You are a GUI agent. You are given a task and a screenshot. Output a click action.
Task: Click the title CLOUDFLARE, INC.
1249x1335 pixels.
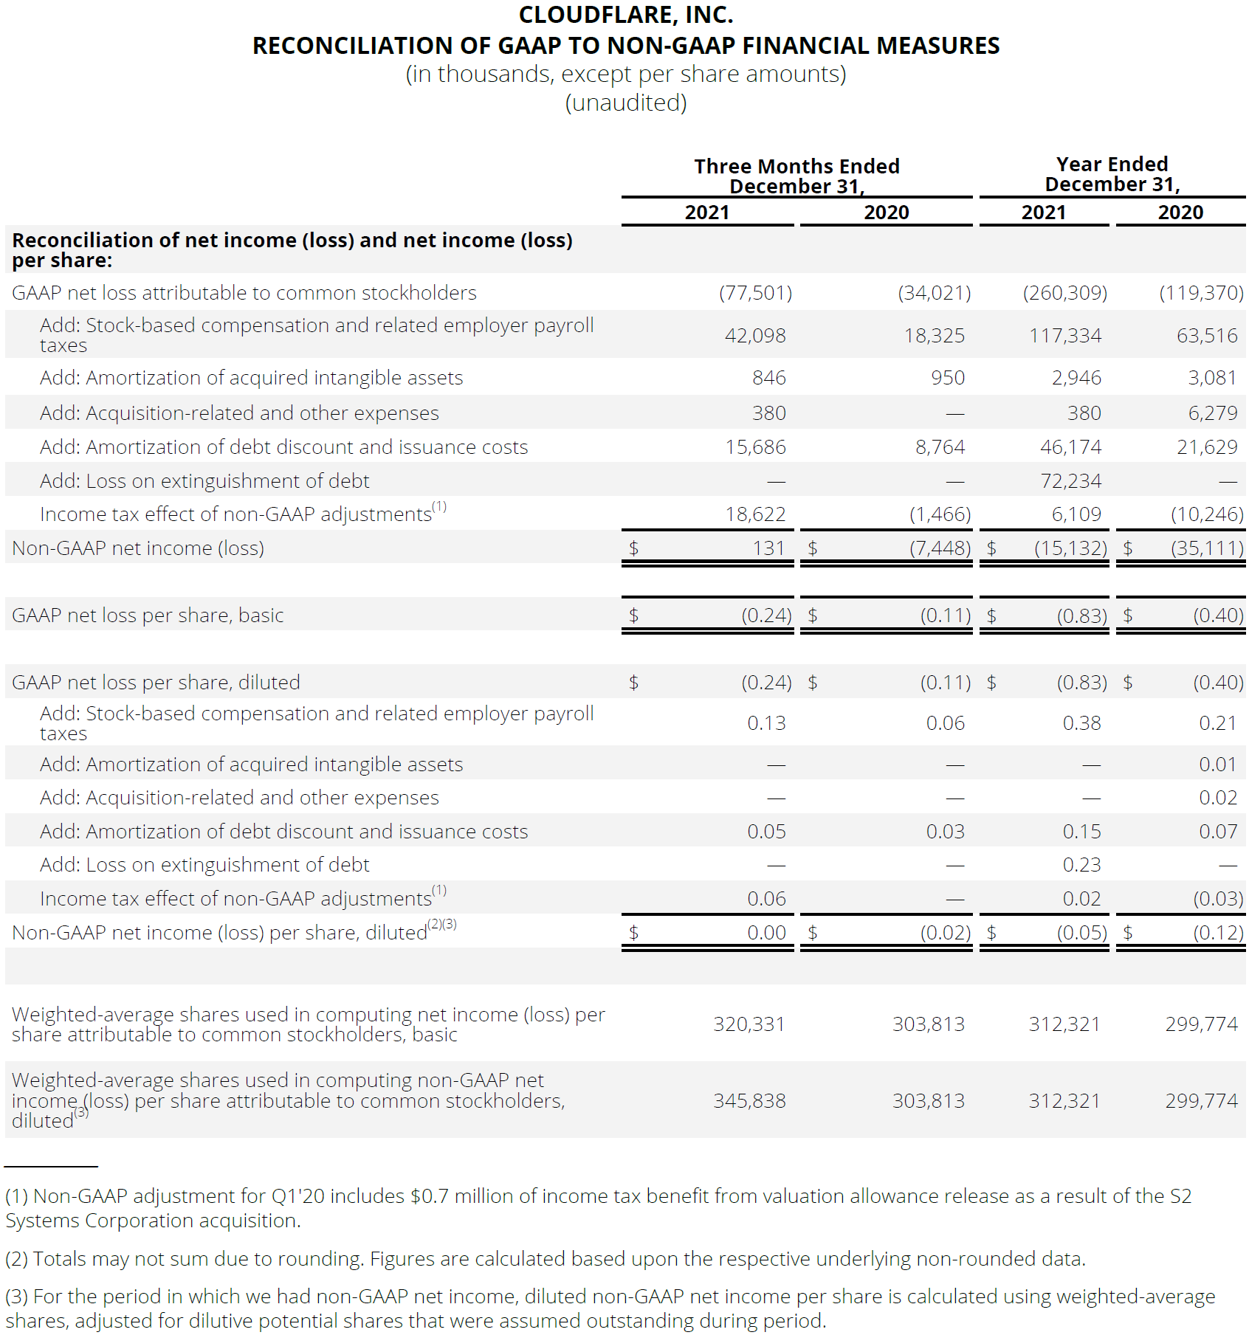pyautogui.click(x=626, y=15)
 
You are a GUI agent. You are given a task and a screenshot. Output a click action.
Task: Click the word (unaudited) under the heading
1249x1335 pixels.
pyautogui.click(x=626, y=103)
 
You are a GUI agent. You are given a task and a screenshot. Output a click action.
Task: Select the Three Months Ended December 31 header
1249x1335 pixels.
pyautogui.click(x=796, y=176)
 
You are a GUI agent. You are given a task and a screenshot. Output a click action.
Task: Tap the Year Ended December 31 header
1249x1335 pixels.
pyautogui.click(x=1112, y=174)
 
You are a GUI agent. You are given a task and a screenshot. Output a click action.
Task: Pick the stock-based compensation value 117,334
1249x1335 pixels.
pyautogui.click(x=1065, y=336)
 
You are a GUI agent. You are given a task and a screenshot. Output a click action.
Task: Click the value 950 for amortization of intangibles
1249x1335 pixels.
pyautogui.click(x=947, y=378)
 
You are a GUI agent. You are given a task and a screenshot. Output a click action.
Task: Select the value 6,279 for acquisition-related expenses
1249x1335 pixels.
pyautogui.click(x=1212, y=413)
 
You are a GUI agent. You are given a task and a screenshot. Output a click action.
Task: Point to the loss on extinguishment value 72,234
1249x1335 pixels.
pyautogui.click(x=1070, y=481)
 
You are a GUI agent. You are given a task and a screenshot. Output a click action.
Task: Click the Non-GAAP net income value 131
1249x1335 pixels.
pyautogui.click(x=768, y=548)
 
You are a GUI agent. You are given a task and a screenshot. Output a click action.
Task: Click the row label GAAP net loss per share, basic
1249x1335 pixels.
pyautogui.click(x=148, y=615)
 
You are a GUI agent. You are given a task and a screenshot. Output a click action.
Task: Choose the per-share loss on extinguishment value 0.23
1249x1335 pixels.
pyautogui.click(x=1081, y=865)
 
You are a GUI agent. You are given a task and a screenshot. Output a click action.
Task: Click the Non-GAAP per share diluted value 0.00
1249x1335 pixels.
pyautogui.click(x=766, y=933)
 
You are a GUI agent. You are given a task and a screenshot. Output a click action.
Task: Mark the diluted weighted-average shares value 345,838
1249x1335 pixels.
pyautogui.click(x=749, y=1101)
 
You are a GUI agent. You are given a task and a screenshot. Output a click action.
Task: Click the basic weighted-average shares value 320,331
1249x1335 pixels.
pyautogui.click(x=749, y=1024)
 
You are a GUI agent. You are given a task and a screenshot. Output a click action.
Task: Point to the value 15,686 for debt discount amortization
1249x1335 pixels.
pyautogui.click(x=755, y=447)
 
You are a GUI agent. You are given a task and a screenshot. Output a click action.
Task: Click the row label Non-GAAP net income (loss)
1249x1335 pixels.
pyautogui.click(x=138, y=548)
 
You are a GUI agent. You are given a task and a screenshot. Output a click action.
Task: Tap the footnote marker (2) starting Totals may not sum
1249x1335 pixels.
pyautogui.click(x=16, y=1259)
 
